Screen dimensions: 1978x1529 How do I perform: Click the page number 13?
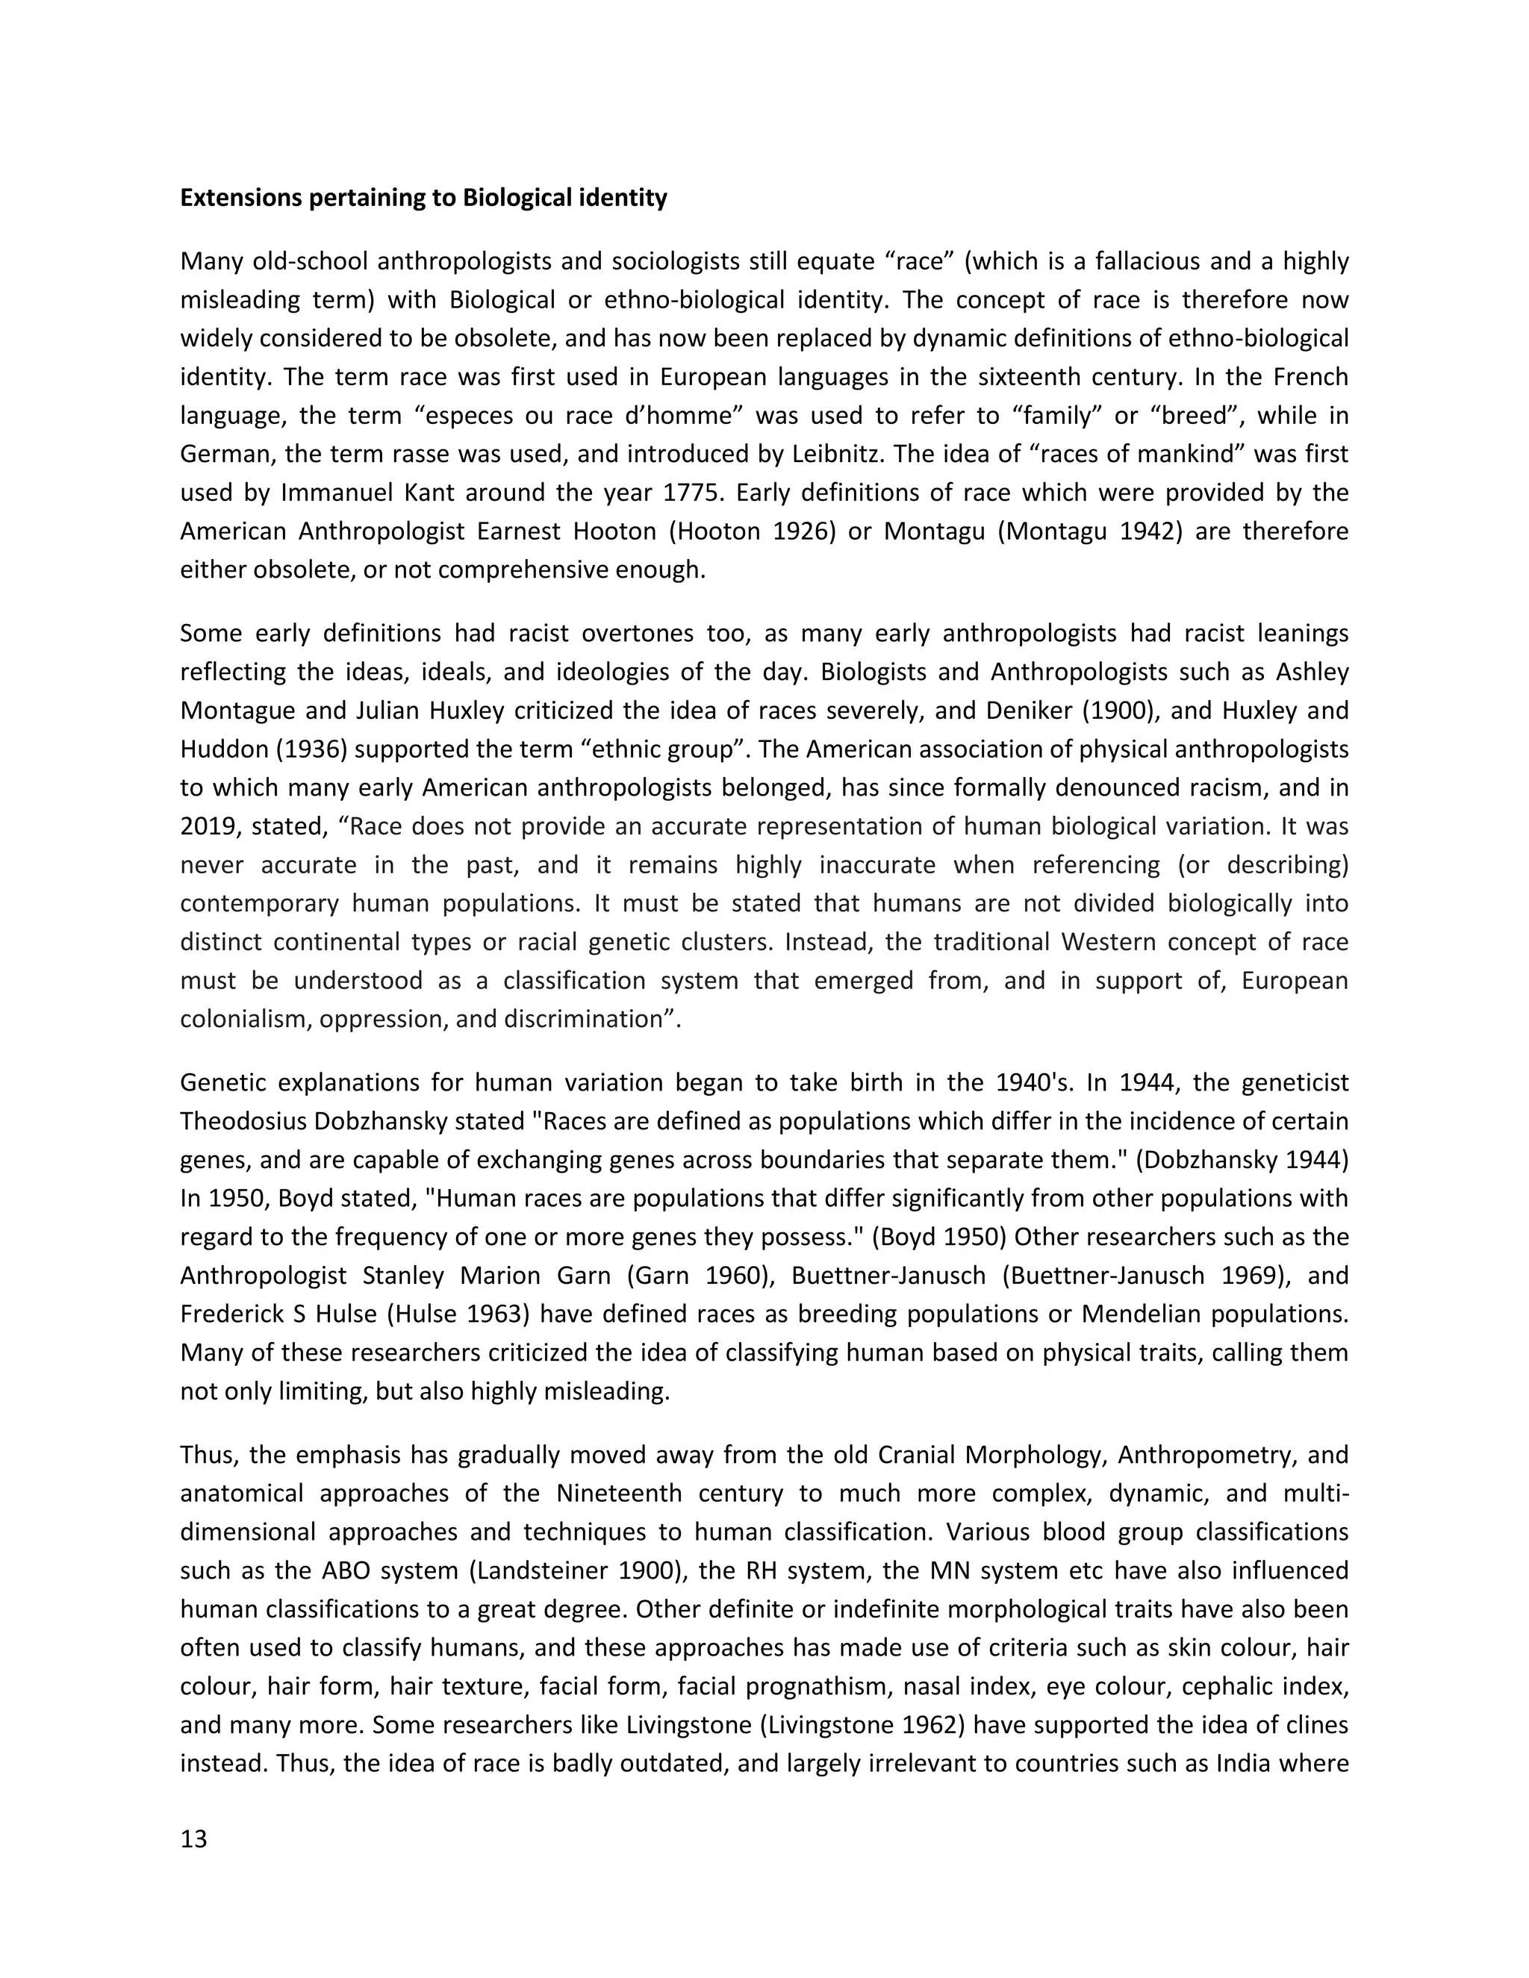coord(194,1839)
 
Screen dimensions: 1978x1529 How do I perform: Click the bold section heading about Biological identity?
coord(423,198)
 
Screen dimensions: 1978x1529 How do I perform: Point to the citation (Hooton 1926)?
coord(753,531)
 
